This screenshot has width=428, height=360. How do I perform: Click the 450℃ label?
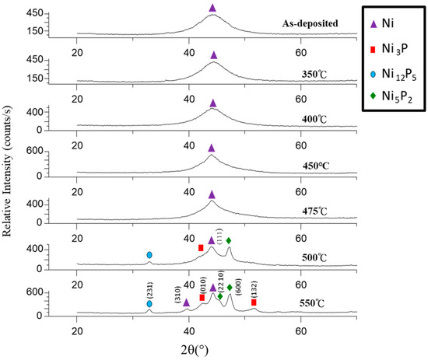pyautogui.click(x=316, y=165)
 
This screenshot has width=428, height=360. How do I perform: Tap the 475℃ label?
pyautogui.click(x=316, y=210)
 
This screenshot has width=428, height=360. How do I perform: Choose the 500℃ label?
pyautogui.click(x=316, y=256)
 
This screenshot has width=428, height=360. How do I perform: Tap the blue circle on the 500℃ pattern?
pyautogui.click(x=149, y=255)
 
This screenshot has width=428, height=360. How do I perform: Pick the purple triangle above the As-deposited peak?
pyautogui.click(x=213, y=8)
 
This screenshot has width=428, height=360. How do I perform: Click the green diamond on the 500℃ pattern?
pyautogui.click(x=228, y=241)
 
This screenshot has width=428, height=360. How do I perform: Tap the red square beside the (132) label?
pyautogui.click(x=254, y=302)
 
